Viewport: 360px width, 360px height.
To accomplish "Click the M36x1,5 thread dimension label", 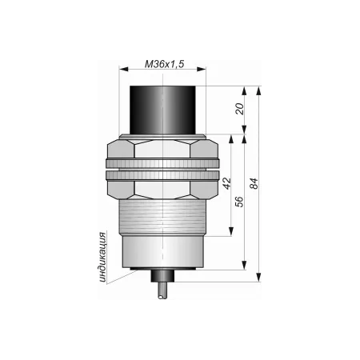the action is pos(164,64).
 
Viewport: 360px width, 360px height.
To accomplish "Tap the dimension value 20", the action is pos(240,109).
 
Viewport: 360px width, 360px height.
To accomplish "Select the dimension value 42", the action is pos(227,183).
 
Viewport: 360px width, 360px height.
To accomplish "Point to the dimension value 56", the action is pos(239,202).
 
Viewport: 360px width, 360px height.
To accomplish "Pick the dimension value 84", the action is pos(254,183).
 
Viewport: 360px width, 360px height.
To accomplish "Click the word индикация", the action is pos(102,257).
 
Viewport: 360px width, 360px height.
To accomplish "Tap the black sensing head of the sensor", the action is pos(162,110).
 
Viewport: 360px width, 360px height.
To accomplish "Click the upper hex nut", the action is pos(162,149).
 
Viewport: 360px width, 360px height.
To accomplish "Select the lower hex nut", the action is pos(162,190).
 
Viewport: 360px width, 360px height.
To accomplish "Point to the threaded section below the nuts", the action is pos(162,218).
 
